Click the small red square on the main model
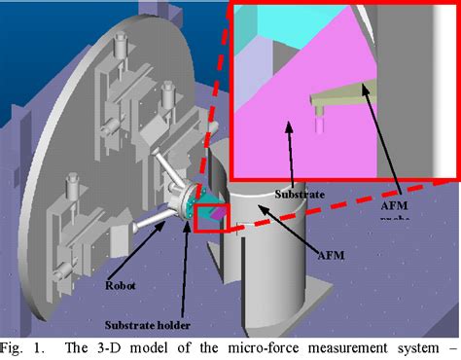(x=211, y=219)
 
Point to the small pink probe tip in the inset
(x=318, y=122)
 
